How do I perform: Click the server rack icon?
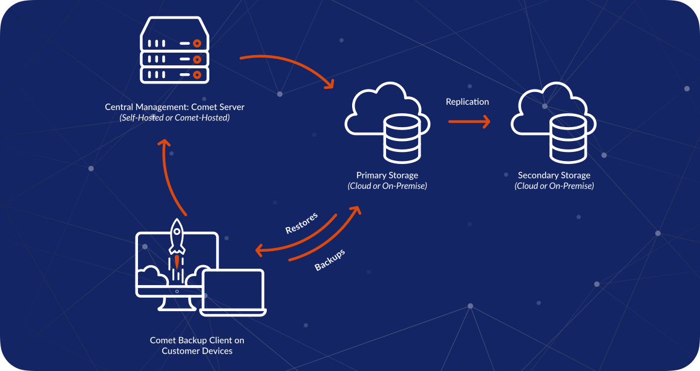coord(175,50)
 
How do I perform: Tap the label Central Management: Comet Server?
coord(175,107)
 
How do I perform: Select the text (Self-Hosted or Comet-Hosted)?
coord(175,118)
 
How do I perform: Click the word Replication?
coord(468,102)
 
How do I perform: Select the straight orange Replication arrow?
coord(469,121)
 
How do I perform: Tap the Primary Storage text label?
coord(387,176)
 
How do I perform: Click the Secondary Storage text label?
coord(554,176)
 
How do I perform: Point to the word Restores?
coord(302,223)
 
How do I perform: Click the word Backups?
coord(330,260)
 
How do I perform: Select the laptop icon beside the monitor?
coord(232,292)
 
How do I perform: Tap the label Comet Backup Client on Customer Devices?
coord(197,346)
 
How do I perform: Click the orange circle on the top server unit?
coord(197,44)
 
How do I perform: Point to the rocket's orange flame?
coord(177,261)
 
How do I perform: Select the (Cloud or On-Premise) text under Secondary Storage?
coord(554,186)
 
